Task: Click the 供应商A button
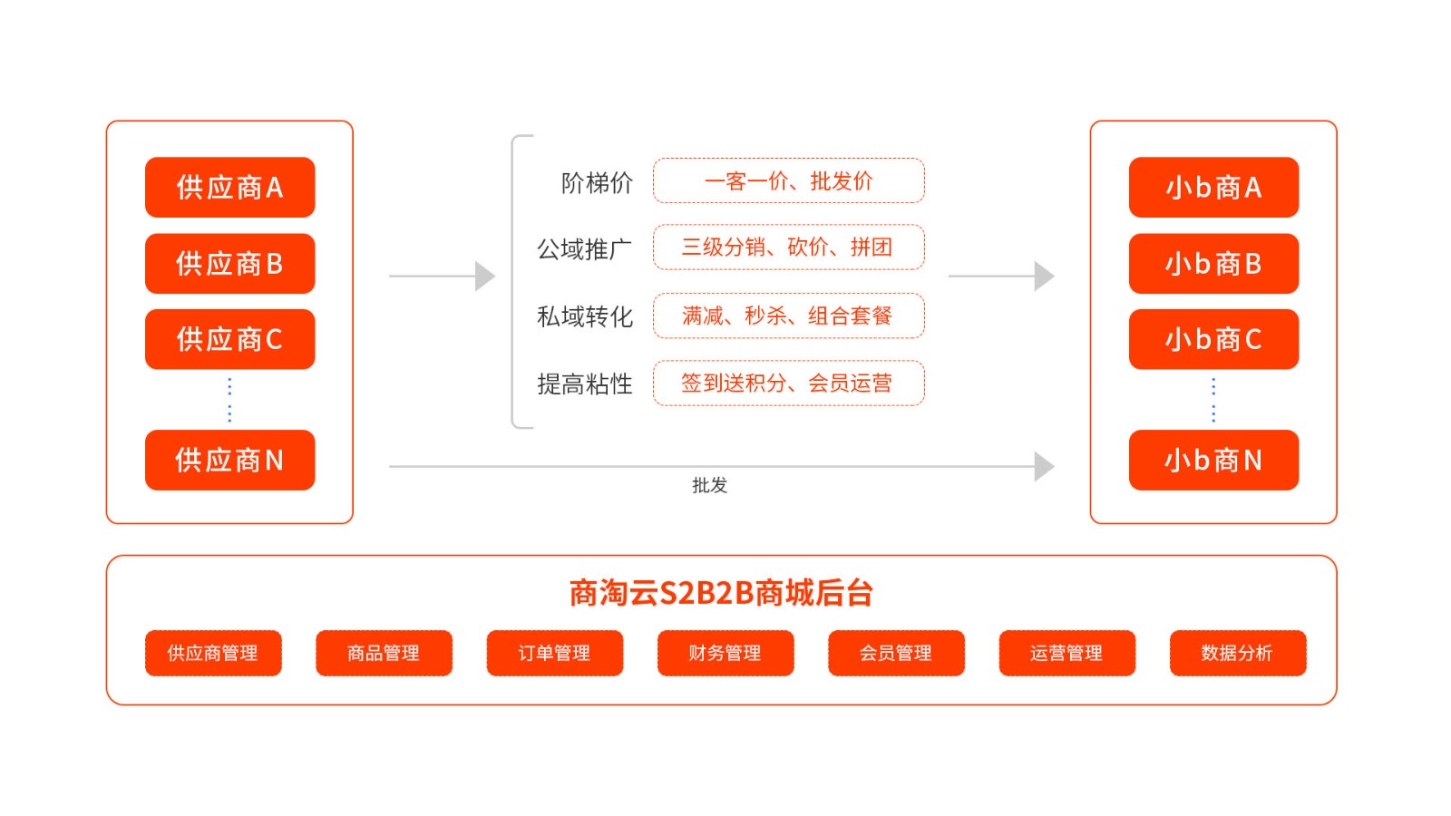tap(229, 188)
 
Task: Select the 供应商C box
tap(229, 339)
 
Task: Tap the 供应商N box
tap(229, 461)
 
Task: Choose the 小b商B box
tap(1213, 264)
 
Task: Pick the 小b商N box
tap(1213, 461)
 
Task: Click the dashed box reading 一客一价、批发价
tap(788, 181)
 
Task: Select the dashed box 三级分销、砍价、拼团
tap(788, 248)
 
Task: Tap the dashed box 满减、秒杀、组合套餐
tap(788, 316)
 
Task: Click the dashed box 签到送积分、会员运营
tap(788, 383)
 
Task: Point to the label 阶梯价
tap(597, 183)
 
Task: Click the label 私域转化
tap(585, 316)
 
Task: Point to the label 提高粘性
tap(585, 384)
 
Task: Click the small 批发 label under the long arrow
tap(709, 485)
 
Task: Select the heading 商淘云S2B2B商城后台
tap(721, 593)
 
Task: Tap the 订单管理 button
tap(554, 653)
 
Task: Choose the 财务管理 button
tap(725, 653)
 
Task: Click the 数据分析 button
tap(1237, 653)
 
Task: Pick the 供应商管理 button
tap(213, 653)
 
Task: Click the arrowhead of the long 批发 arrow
tap(1044, 466)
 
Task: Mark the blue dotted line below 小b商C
tap(1213, 400)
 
